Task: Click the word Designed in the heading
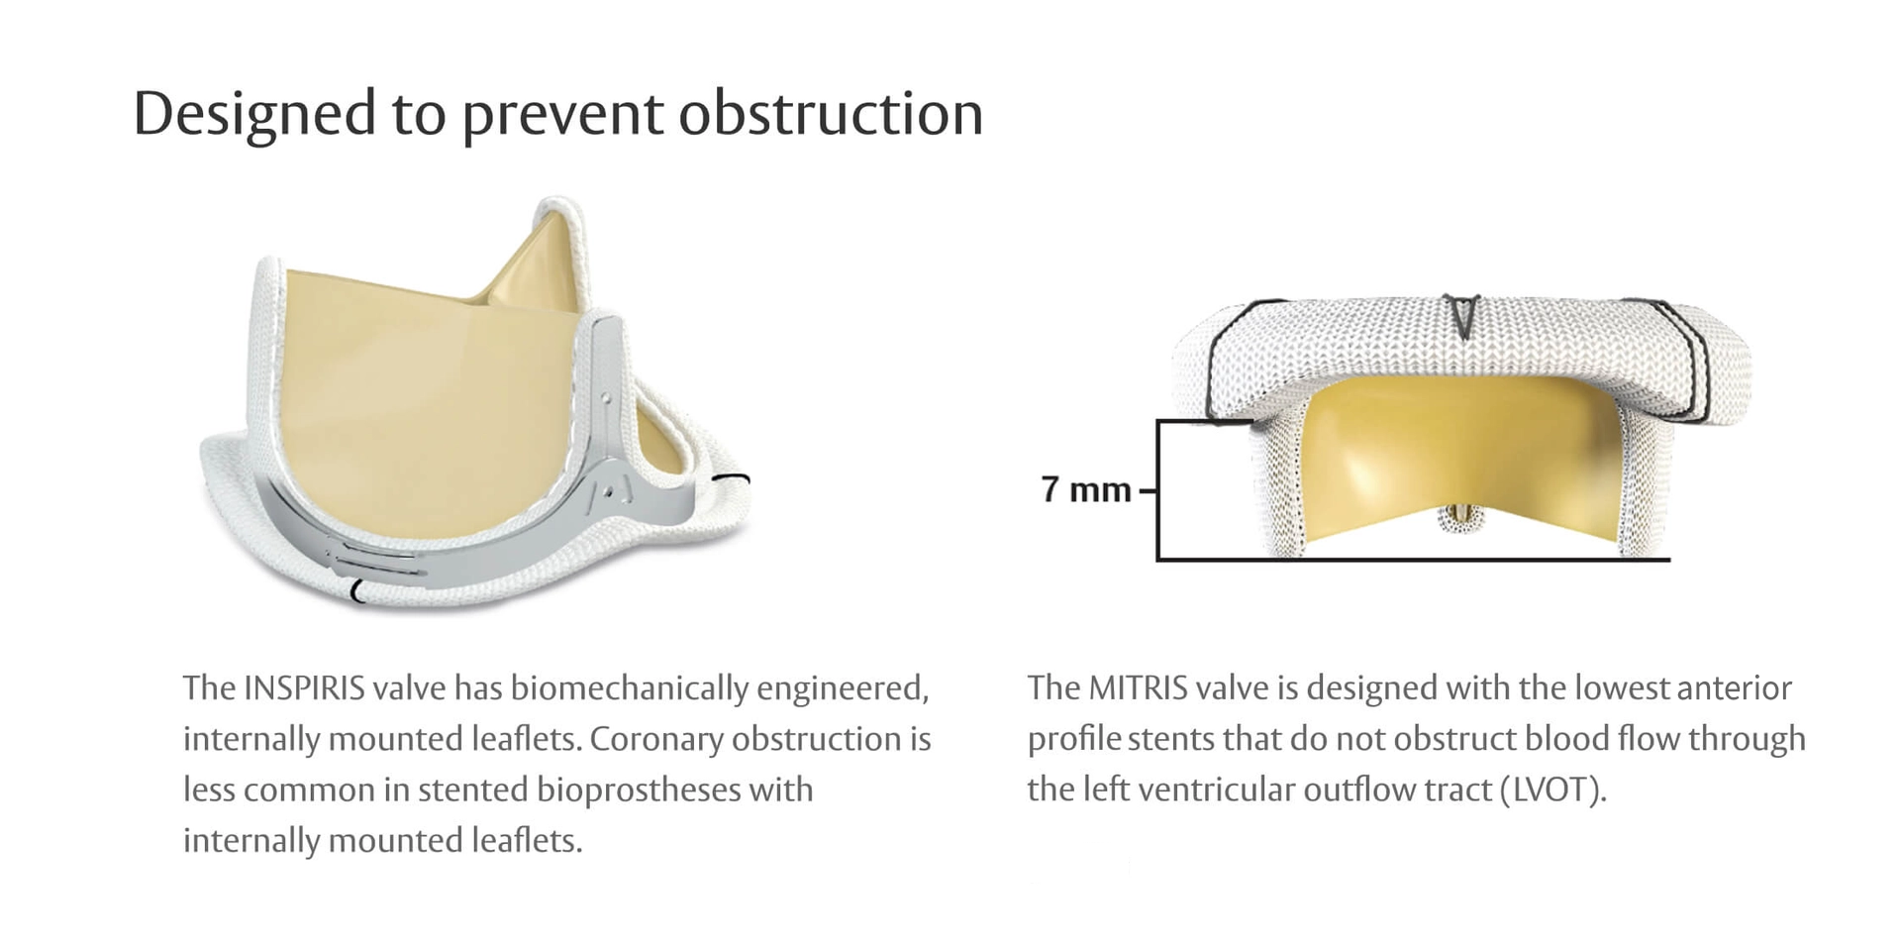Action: [x=253, y=113]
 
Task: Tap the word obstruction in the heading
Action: [x=831, y=113]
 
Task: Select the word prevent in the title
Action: [x=562, y=115]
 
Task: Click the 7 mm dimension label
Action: [x=1085, y=489]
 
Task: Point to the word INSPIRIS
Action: [x=304, y=687]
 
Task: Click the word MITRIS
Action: [x=1138, y=687]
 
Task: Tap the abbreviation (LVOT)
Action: [x=1552, y=790]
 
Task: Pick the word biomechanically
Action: [x=629, y=687]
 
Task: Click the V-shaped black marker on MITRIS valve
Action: [x=1460, y=314]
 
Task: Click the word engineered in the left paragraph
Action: [x=843, y=687]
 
